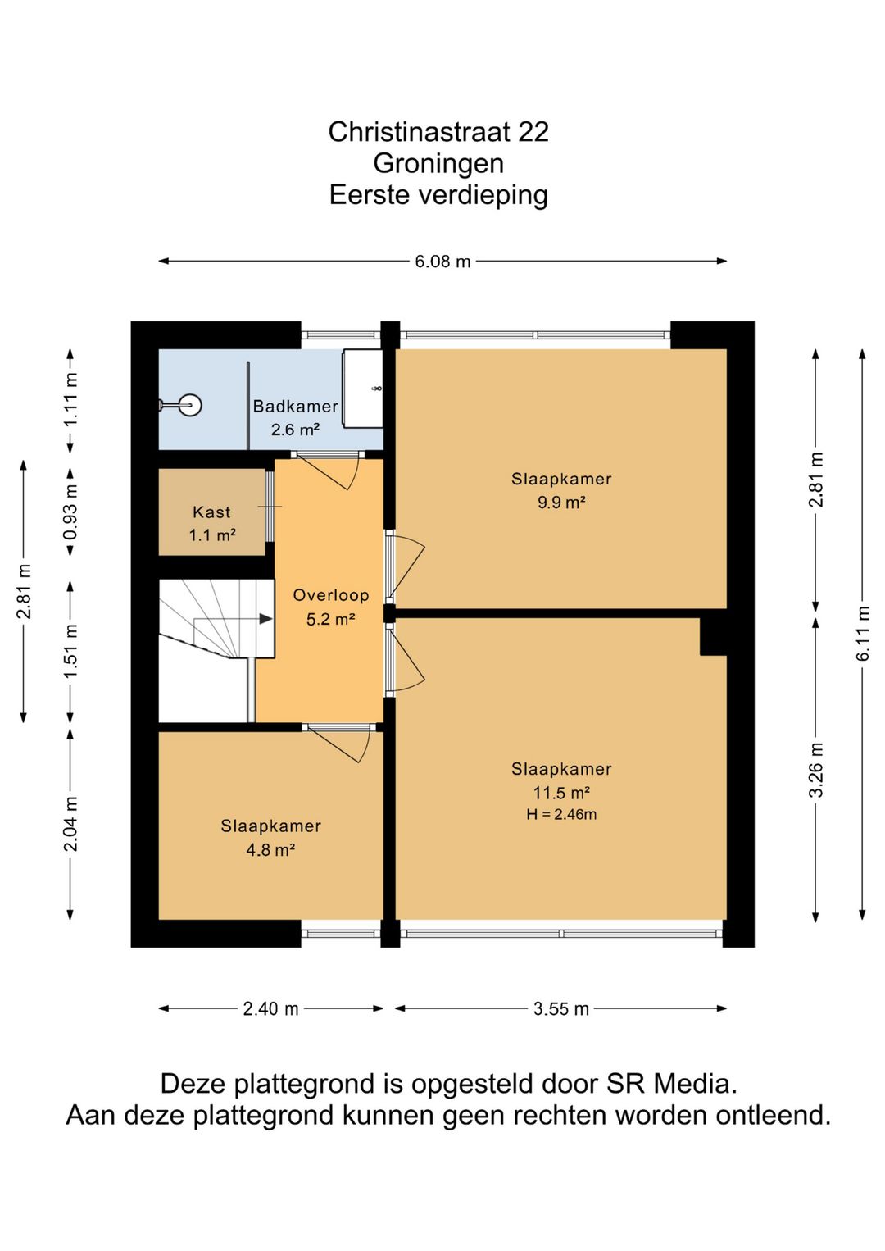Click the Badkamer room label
(x=295, y=406)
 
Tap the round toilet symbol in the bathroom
(x=190, y=405)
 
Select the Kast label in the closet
(x=211, y=512)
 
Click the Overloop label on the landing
(x=331, y=595)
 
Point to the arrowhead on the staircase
(x=265, y=619)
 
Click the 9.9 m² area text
(x=561, y=502)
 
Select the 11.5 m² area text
(x=561, y=793)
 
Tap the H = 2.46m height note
(x=561, y=814)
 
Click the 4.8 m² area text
(x=270, y=849)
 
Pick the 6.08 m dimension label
(x=442, y=261)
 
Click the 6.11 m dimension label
(x=863, y=634)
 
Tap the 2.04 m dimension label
(x=70, y=823)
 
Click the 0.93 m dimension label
(x=70, y=512)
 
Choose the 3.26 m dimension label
(x=816, y=770)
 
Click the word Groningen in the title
(x=438, y=163)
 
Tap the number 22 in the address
(x=533, y=132)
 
